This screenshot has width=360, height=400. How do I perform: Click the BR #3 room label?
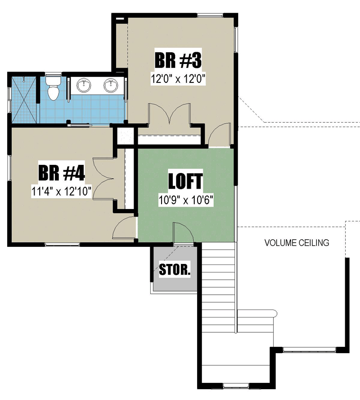178,60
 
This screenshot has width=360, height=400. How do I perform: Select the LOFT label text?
185,181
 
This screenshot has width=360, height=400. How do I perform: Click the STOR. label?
174,269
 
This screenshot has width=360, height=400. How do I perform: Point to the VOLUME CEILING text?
297,243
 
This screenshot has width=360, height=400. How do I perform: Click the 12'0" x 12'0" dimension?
178,79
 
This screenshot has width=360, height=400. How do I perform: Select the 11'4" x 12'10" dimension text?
61,191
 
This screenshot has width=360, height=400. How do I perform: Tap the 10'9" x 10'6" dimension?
186,200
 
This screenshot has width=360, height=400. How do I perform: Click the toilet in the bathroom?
53,88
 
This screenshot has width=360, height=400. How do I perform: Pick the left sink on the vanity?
84,85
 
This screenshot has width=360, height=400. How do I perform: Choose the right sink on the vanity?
111,85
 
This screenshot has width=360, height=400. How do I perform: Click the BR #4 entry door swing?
124,228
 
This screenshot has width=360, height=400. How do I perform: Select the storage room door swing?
183,232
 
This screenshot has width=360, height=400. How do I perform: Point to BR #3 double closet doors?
169,114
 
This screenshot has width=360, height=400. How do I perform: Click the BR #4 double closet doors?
102,179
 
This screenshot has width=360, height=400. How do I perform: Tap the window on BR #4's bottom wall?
62,245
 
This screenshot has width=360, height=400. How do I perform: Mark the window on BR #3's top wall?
211,15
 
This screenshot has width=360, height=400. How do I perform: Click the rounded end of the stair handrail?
275,313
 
